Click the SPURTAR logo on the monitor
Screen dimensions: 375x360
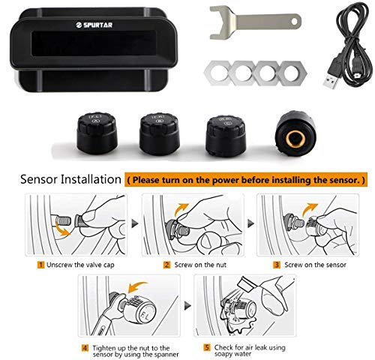point(94,25)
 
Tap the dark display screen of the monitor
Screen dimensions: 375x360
point(94,43)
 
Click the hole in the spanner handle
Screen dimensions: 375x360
point(295,22)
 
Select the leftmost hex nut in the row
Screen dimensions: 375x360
point(217,73)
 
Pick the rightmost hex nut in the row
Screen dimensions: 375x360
point(292,73)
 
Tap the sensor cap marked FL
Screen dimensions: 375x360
point(97,133)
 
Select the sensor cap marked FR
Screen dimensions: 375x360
point(160,133)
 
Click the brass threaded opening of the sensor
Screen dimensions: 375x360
point(295,138)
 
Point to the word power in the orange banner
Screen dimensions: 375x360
point(224,180)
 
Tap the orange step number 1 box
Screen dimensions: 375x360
point(40,265)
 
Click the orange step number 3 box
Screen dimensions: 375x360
point(277,265)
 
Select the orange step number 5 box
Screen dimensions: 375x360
point(207,347)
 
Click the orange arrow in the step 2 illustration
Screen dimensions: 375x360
point(181,209)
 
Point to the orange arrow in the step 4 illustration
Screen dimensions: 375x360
point(137,286)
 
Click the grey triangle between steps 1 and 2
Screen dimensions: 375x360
point(135,223)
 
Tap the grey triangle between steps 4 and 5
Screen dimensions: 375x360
point(187,305)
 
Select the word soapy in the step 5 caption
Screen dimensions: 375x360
point(223,354)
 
